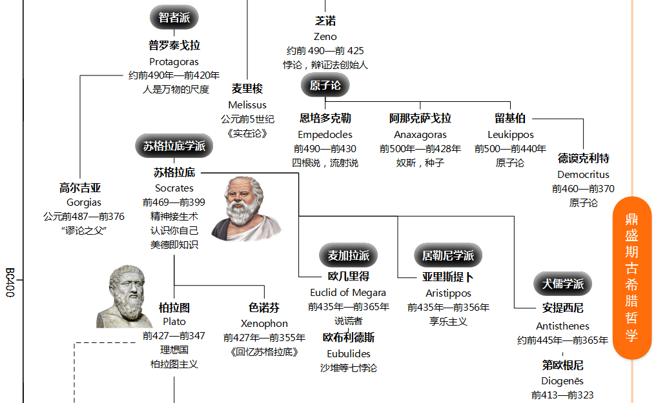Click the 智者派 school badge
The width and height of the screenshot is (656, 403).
174,17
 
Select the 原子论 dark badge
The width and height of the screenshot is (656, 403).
325,85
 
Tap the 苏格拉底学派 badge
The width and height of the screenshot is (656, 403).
174,146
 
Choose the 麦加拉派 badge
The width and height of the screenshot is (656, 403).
349,255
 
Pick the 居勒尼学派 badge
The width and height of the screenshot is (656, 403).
448,255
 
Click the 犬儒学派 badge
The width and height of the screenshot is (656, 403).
562,284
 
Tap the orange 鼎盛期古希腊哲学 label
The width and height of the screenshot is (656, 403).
631,277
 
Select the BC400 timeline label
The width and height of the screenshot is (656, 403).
10,282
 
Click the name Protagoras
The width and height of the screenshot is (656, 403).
174,62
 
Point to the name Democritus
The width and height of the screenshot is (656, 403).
583,174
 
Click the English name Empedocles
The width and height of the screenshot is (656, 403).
325,135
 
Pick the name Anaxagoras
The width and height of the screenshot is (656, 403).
420,135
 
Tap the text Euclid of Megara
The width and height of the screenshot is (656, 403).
348,292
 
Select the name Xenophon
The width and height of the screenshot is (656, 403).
264,323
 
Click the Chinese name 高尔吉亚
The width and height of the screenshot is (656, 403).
80,188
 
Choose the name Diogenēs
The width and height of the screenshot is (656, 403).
562,380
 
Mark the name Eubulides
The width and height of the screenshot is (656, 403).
349,353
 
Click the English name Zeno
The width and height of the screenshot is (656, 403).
325,37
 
